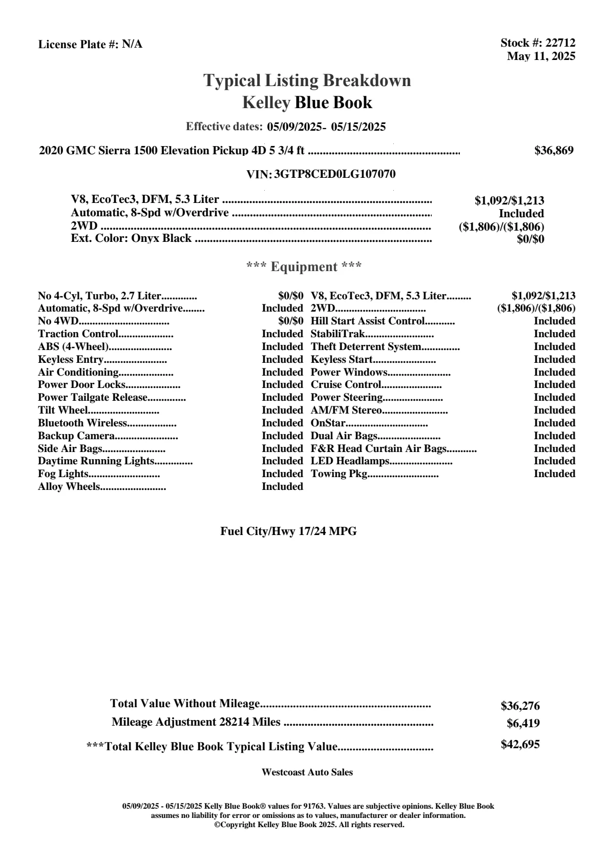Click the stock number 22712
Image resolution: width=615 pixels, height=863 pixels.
click(560, 43)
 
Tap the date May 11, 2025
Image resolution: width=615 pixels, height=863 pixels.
click(541, 56)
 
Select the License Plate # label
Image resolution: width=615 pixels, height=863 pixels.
click(78, 45)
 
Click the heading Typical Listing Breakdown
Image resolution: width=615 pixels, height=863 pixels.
click(307, 80)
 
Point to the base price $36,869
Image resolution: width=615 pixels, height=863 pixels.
click(554, 151)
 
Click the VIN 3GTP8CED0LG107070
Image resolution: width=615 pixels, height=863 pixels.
click(335, 174)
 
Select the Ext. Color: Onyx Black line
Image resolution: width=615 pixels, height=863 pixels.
click(131, 238)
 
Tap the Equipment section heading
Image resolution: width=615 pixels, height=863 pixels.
click(304, 267)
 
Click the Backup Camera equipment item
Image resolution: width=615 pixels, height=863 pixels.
click(76, 436)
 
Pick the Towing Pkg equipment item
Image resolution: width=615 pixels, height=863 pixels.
click(340, 474)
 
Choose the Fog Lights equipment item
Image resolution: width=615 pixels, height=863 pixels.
click(63, 474)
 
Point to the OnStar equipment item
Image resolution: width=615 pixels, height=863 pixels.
click(328, 423)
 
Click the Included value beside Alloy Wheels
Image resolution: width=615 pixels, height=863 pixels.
click(282, 487)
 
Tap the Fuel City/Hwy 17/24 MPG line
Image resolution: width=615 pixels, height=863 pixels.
click(288, 531)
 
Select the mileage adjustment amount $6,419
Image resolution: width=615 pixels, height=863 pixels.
click(523, 724)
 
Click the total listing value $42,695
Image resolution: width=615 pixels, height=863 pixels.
click(520, 745)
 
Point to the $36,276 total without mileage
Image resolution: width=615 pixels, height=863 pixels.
click(520, 706)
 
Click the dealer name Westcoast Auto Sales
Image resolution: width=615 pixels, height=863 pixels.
click(307, 772)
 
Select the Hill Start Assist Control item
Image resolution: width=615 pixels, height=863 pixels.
click(368, 321)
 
